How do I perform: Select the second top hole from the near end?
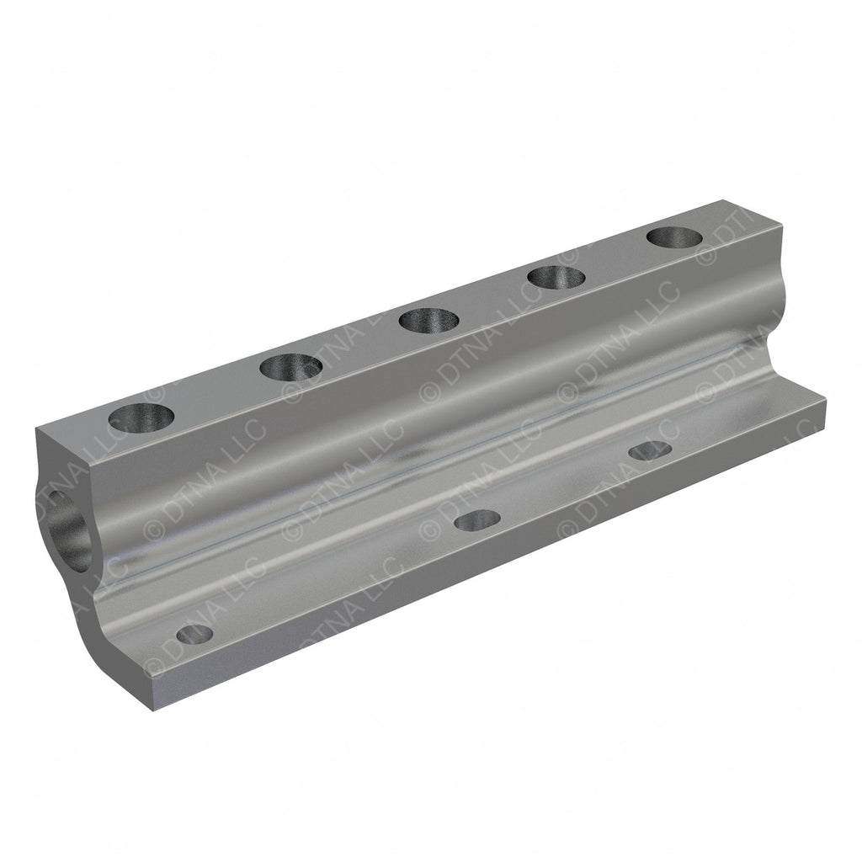click(291, 367)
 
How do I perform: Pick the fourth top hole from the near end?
click(556, 276)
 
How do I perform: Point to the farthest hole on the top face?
click(674, 237)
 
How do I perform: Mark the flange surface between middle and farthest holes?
click(564, 488)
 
